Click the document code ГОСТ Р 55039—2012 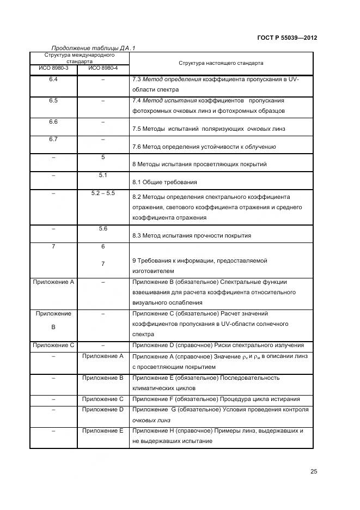[x=286, y=38]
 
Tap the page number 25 [x=314, y=471]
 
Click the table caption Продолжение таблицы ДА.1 [x=93, y=48]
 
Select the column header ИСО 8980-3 [x=53, y=68]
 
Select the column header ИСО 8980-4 [x=102, y=68]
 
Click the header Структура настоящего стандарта [x=222, y=63]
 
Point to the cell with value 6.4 [x=53, y=80]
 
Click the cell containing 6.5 [x=53, y=101]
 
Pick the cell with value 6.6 [x=53, y=122]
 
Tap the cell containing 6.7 [x=53, y=139]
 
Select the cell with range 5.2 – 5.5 [x=102, y=193]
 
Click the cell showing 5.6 [x=102, y=228]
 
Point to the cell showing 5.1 [x=102, y=175]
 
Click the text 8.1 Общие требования [x=165, y=182]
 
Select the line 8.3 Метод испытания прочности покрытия [x=192, y=235]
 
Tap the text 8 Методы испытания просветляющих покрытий [x=199, y=164]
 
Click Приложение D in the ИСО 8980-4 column [x=102, y=409]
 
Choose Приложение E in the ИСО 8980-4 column [x=102, y=430]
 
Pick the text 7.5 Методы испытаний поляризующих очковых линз [x=209, y=129]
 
